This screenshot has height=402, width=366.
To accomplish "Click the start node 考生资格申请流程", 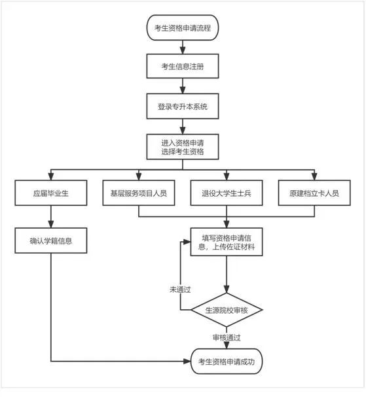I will coord(181,27).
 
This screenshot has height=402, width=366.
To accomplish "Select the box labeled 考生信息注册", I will coord(181,67).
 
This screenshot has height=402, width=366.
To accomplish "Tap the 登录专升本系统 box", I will coord(181,106).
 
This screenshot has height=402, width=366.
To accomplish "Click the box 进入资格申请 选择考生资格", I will coord(181,146).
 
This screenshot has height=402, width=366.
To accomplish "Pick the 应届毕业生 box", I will coord(50,194).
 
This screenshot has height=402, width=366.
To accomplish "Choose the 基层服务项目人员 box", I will coord(138,194).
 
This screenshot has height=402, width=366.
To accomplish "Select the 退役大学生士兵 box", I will coord(226,194).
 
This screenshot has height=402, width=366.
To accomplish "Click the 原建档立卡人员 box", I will coord(315,194).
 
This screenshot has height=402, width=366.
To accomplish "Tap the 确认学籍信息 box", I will coord(50,241).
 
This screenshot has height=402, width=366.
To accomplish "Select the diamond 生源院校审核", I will coord(227,309).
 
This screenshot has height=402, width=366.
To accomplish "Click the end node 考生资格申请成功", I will coord(227,361).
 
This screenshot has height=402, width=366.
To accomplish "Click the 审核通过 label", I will coord(227,337).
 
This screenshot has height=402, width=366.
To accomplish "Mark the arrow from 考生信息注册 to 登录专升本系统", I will coord(181,86).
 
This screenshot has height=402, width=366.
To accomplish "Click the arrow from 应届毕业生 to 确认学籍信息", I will coord(50,217).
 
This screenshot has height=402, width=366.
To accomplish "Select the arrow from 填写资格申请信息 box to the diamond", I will coord(227,275).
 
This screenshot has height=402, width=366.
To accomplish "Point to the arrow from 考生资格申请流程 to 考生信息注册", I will coord(181,47).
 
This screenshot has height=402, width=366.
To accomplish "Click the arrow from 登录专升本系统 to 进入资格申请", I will coord(181,126).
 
